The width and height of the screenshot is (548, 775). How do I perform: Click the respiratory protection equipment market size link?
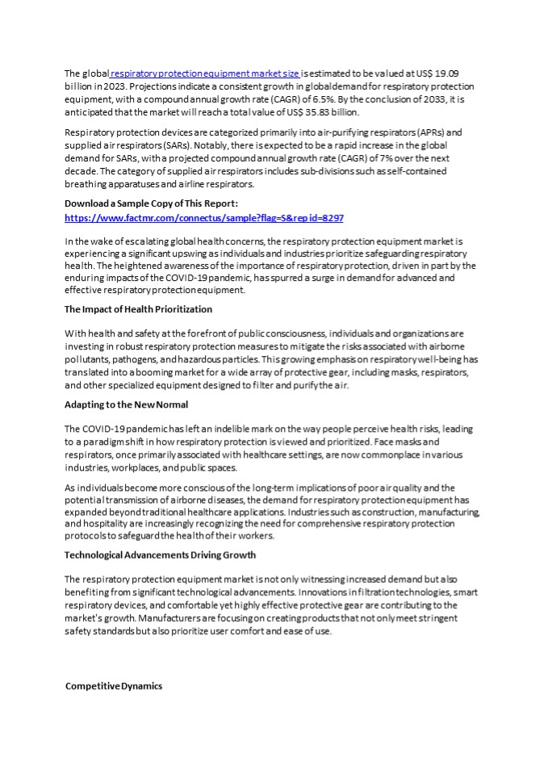tap(202, 73)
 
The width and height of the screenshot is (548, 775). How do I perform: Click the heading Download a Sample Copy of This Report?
tap(151, 203)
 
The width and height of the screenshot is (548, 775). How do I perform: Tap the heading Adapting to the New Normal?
tap(126, 404)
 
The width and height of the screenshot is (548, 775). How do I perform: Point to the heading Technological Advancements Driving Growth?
tap(160, 555)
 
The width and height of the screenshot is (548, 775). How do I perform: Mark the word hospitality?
tap(107, 524)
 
